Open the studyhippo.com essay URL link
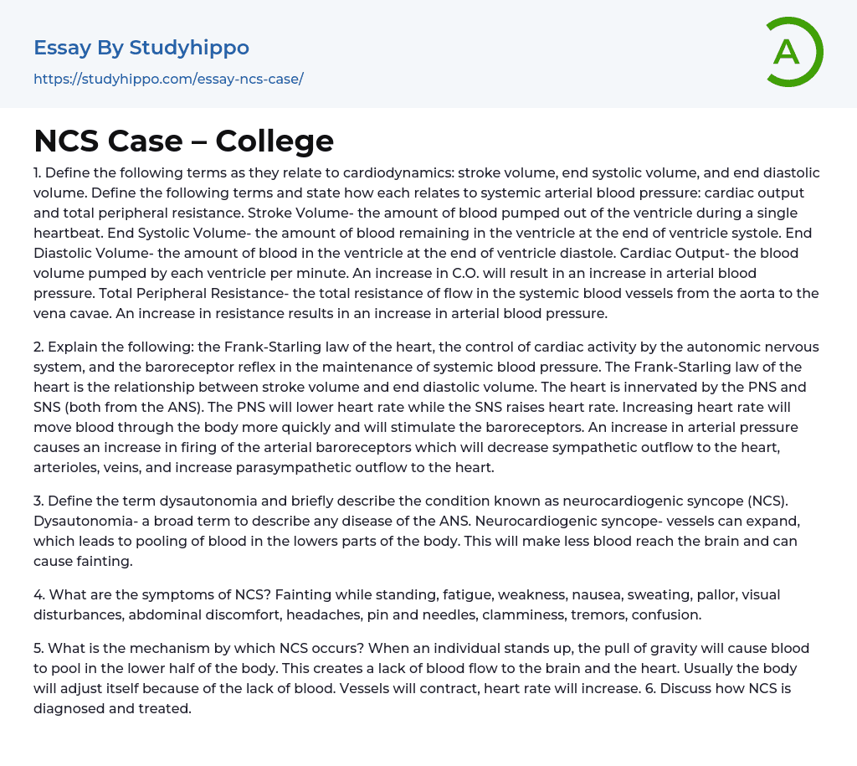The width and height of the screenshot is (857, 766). coord(168,79)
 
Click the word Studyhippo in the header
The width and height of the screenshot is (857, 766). coord(189,48)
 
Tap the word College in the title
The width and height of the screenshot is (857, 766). coord(275,141)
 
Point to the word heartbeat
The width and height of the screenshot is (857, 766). coord(71,233)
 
